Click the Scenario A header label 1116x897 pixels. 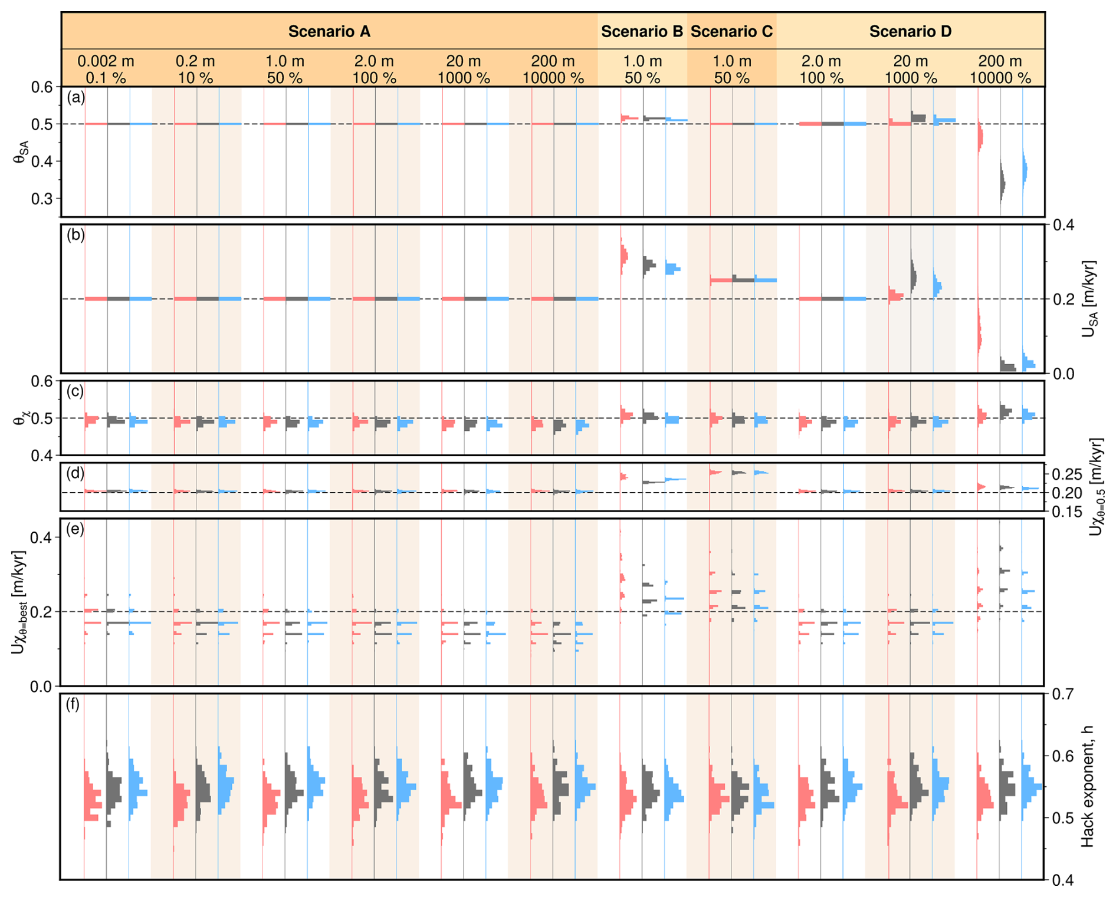click(329, 31)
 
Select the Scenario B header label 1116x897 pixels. click(642, 31)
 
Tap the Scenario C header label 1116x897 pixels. click(731, 31)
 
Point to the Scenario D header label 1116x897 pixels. click(910, 31)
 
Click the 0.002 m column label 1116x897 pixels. click(106, 61)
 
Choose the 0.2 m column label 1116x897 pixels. click(195, 61)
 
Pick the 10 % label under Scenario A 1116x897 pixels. click(195, 78)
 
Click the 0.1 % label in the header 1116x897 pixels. click(106, 78)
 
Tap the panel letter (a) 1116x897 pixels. click(76, 98)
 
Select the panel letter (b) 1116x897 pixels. click(76, 235)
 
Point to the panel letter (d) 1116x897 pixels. click(76, 473)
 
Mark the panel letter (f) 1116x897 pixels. click(74, 704)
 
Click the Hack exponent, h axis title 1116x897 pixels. click(1088, 787)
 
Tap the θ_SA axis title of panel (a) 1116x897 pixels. click(20, 151)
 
